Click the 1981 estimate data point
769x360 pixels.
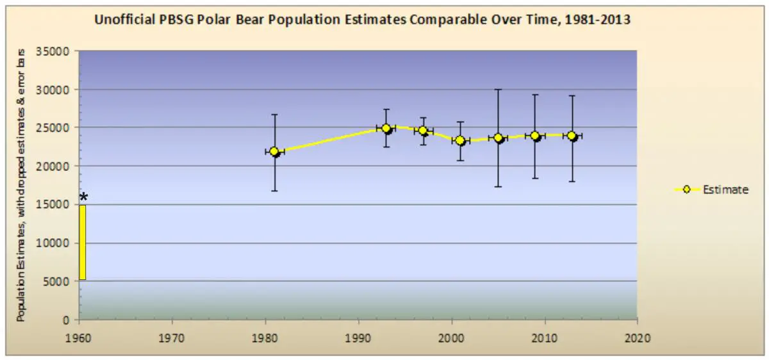tap(274, 152)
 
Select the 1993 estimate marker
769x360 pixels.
tap(386, 128)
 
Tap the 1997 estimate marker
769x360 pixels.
tap(423, 131)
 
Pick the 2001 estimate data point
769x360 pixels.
tap(460, 140)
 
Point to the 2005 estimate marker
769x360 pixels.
tap(498, 138)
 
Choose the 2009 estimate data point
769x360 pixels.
tap(535, 136)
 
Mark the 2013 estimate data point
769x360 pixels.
tap(572, 136)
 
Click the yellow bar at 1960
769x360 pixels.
tap(83, 242)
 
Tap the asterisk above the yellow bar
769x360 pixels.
tap(83, 197)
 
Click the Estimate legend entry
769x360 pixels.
tap(711, 190)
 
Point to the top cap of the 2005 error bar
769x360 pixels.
tap(498, 90)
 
